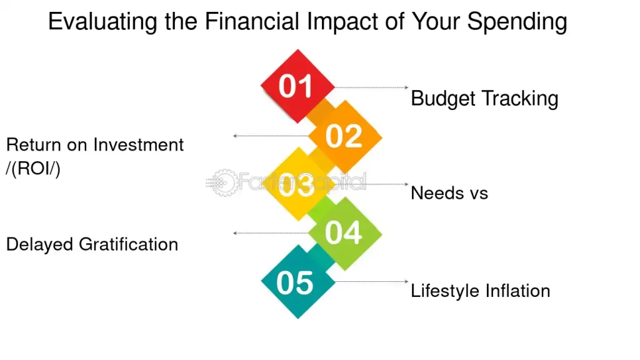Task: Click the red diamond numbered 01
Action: pyautogui.click(x=297, y=86)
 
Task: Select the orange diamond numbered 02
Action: pyautogui.click(x=345, y=137)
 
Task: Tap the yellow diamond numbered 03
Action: pyautogui.click(x=298, y=184)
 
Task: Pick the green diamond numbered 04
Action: pyautogui.click(x=345, y=234)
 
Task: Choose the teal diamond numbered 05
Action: pyautogui.click(x=298, y=282)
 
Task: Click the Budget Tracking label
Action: pyautogui.click(x=484, y=99)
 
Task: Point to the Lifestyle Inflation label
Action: pyautogui.click(x=481, y=291)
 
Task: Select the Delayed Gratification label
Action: pyautogui.click(x=92, y=244)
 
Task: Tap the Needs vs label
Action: pyautogui.click(x=449, y=193)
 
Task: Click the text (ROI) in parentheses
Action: pyautogui.click(x=33, y=168)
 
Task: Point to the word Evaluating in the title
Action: pyautogui.click(x=102, y=22)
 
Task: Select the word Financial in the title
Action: pyautogui.click(x=252, y=21)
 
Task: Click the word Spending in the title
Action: pyautogui.click(x=517, y=22)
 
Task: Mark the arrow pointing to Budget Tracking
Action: pyautogui.click(x=371, y=87)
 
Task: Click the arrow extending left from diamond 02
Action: pyautogui.click(x=271, y=136)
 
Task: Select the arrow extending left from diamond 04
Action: pyautogui.click(x=271, y=233)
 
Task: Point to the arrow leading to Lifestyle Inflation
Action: pyautogui.click(x=371, y=281)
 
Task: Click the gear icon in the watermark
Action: pyautogui.click(x=224, y=182)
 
